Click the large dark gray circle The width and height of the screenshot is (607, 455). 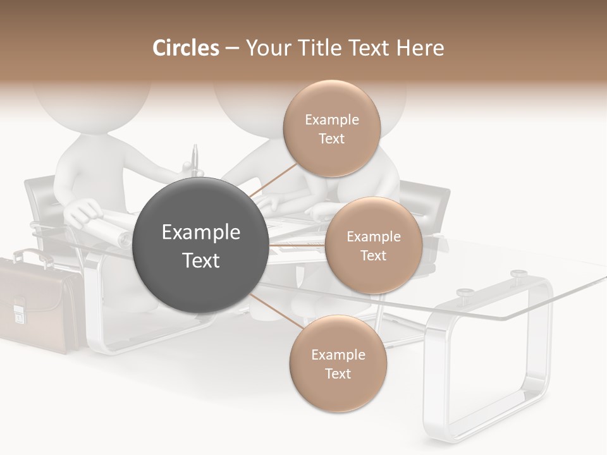pyautogui.click(x=200, y=245)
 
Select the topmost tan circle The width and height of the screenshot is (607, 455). pyautogui.click(x=331, y=129)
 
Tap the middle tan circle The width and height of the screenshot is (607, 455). pyautogui.click(x=373, y=245)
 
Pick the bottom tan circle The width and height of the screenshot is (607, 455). pyautogui.click(x=338, y=363)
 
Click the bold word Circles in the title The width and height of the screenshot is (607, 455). pyautogui.click(x=185, y=48)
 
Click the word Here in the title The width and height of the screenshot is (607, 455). pyautogui.click(x=421, y=48)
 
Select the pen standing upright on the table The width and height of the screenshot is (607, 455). pyautogui.click(x=195, y=161)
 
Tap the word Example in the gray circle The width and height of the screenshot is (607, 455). pyautogui.click(x=200, y=233)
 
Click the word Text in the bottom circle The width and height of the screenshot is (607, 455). pyautogui.click(x=338, y=373)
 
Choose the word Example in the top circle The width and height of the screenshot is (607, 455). pyautogui.click(x=331, y=119)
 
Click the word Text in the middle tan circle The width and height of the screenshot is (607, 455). pyautogui.click(x=373, y=255)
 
